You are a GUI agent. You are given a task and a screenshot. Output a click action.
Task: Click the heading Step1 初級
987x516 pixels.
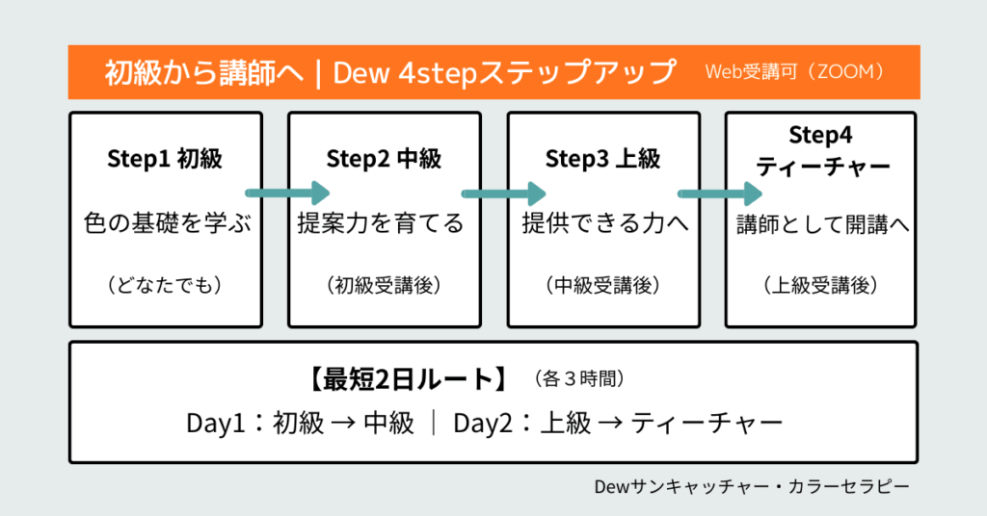[165, 159]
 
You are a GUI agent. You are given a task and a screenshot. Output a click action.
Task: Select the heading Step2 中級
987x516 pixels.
[384, 159]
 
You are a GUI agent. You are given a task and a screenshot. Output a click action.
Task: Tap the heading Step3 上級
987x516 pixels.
[603, 159]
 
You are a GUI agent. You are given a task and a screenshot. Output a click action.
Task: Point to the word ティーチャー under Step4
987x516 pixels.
[822, 167]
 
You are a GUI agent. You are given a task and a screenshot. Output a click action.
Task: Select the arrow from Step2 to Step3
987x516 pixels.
[505, 193]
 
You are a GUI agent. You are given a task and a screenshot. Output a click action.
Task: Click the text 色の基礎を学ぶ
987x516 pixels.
[165, 224]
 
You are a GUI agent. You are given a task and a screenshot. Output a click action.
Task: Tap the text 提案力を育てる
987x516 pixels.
[384, 224]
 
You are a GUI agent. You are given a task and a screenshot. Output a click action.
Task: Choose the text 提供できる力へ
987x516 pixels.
[603, 224]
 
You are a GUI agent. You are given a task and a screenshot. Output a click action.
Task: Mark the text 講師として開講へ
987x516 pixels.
[822, 224]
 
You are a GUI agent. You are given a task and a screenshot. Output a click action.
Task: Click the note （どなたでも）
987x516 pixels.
[165, 285]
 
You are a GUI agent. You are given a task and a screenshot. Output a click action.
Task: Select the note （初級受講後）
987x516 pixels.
[384, 285]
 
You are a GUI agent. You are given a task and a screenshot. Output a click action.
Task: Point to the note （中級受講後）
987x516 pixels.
[603, 285]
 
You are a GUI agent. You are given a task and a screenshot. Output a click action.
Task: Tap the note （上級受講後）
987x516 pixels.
[822, 285]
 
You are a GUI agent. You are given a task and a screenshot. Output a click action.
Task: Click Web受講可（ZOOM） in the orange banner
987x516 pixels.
[795, 72]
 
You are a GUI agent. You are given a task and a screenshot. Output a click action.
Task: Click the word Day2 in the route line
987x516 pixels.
[482, 424]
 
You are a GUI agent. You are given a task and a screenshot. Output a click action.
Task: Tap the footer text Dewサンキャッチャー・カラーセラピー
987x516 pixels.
[752, 486]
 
